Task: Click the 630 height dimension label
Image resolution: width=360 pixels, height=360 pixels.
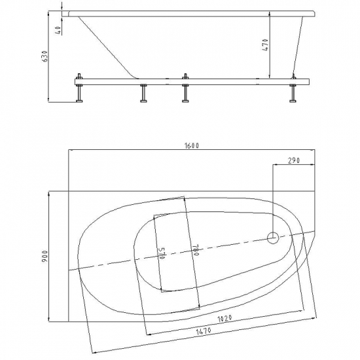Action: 45,56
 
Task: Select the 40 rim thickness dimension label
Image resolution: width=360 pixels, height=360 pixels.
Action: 58,30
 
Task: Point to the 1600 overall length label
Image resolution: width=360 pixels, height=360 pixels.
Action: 192,145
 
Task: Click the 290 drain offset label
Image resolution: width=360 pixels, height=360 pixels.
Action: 294,160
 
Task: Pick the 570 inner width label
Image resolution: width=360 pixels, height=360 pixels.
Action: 162,253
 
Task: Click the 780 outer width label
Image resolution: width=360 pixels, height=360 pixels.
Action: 194,250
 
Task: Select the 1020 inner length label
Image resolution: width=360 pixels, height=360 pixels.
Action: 225,319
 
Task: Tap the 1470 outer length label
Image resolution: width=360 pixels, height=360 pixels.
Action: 204,331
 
